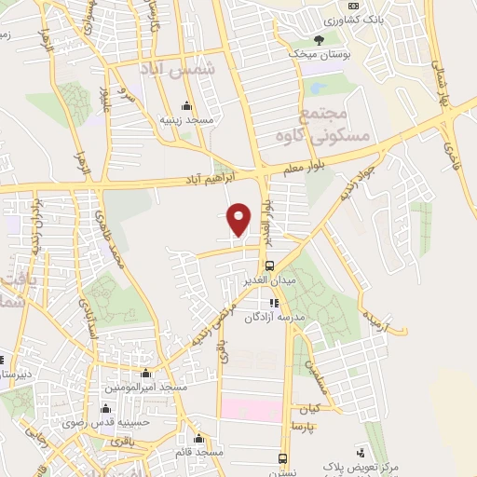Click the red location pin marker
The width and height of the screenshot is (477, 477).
click(x=240, y=219)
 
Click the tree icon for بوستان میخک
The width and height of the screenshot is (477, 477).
click(x=320, y=40)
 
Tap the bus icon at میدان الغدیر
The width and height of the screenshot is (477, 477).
click(x=269, y=264)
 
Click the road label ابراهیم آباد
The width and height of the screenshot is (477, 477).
click(x=228, y=176)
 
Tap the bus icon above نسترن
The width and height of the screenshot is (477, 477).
click(x=282, y=457)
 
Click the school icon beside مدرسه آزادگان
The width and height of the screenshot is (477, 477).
click(x=273, y=303)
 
